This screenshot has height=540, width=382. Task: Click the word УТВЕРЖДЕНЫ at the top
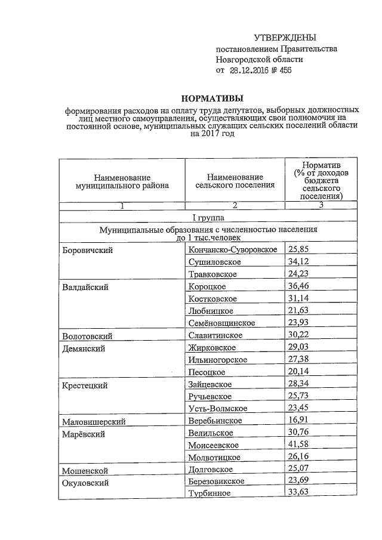pyautogui.click(x=285, y=38)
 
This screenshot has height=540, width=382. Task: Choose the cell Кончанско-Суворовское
pyautogui.click(x=232, y=249)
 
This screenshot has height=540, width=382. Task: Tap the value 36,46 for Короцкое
pyautogui.click(x=299, y=286)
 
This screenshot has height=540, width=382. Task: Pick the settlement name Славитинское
pyautogui.click(x=214, y=336)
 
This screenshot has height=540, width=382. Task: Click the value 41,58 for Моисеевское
pyautogui.click(x=299, y=445)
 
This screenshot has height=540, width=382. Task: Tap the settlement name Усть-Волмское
pyautogui.click(x=217, y=409)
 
